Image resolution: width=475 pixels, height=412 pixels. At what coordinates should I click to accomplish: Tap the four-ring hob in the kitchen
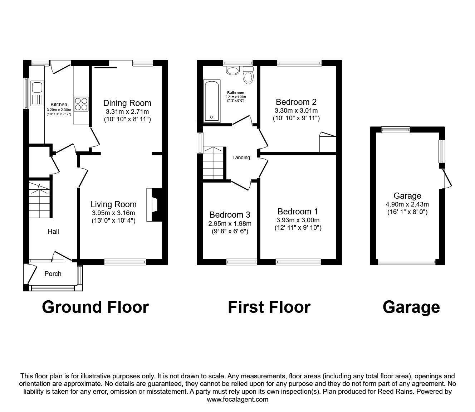pos(81,104)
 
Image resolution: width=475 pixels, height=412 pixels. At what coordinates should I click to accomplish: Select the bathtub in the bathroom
pos(212,101)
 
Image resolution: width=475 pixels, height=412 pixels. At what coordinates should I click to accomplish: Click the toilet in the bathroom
pos(248,75)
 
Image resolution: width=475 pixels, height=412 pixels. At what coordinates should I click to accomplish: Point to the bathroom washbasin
pos(233,71)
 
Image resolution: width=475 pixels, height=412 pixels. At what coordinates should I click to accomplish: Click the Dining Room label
pos(127,103)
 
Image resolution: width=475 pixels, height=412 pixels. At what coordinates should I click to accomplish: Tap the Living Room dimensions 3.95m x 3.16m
pos(113,213)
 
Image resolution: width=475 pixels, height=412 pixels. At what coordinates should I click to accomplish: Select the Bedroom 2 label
pos(296,102)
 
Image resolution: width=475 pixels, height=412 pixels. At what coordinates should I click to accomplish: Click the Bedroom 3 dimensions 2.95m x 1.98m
pos(230,223)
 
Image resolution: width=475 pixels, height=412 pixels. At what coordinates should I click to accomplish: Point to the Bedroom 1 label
pos(298,211)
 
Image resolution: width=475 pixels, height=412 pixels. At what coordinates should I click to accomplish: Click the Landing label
pos(241,157)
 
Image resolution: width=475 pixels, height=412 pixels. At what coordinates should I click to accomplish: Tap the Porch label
pos(53,274)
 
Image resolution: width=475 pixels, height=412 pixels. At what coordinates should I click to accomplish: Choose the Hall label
pos(53,232)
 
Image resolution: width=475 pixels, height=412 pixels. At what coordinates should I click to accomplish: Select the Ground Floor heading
pos(96,307)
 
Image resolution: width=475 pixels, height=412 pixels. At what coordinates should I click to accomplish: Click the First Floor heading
pos(269,307)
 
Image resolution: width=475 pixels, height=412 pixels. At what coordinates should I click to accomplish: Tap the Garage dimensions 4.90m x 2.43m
pos(407,204)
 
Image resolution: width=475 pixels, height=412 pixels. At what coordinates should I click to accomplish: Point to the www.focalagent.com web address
pos(237,399)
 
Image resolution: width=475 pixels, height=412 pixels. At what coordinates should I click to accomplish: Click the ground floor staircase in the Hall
pos(39,199)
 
